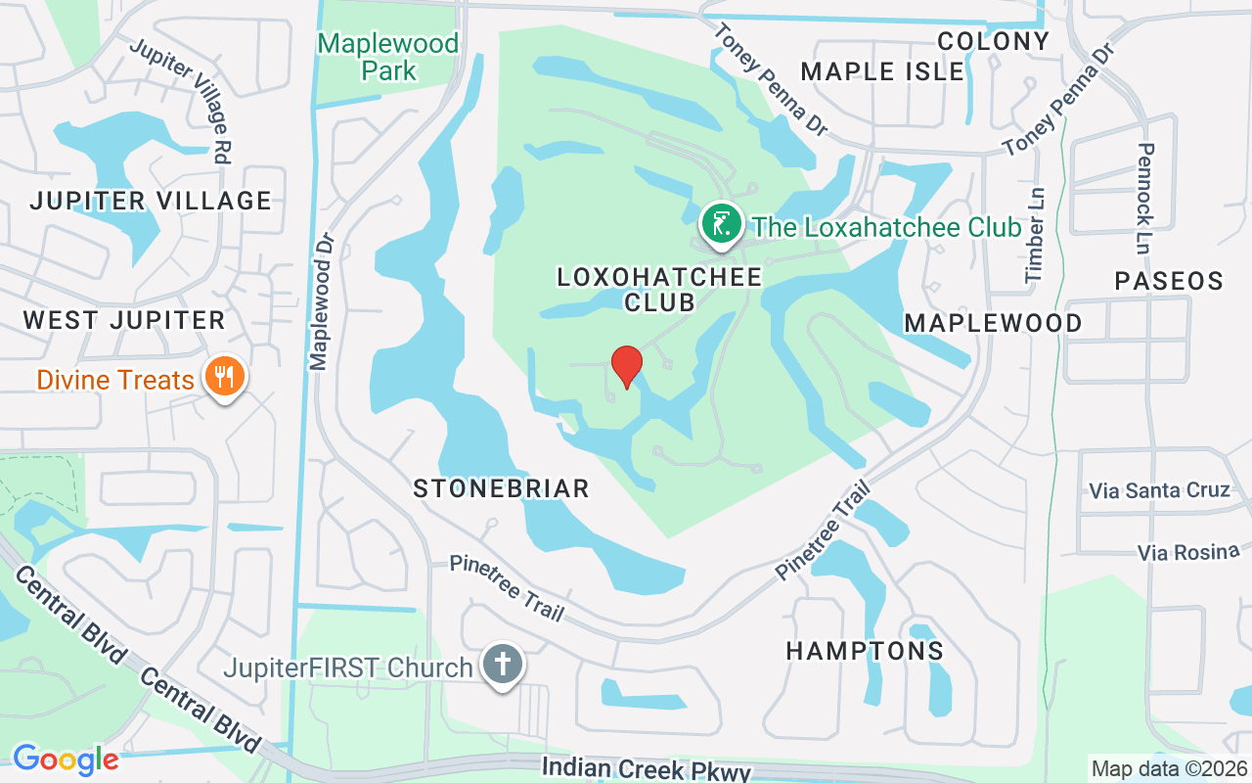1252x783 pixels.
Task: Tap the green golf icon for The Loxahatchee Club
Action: pyautogui.click(x=721, y=224)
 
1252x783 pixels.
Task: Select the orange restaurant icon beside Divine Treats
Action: pyautogui.click(x=224, y=375)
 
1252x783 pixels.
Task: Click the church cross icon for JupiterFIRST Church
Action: pyautogui.click(x=503, y=665)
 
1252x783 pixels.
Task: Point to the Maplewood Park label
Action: pyautogui.click(x=388, y=57)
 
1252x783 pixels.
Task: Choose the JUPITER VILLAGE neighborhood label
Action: pyautogui.click(x=150, y=201)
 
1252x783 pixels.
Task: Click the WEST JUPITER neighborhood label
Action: pyautogui.click(x=124, y=320)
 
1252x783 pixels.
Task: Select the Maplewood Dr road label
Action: pyautogui.click(x=322, y=300)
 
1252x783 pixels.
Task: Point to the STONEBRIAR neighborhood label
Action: pyautogui.click(x=501, y=488)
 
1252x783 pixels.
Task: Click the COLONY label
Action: pyautogui.click(x=993, y=41)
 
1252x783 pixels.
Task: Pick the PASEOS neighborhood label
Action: pyautogui.click(x=1169, y=281)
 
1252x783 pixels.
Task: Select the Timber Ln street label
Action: pyautogui.click(x=1035, y=235)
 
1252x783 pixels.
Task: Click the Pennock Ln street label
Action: pyautogui.click(x=1147, y=199)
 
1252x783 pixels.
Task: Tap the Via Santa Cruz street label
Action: pyautogui.click(x=1160, y=489)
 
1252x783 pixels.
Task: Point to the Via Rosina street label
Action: pyautogui.click(x=1188, y=552)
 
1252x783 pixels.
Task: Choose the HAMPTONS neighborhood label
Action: pyautogui.click(x=865, y=651)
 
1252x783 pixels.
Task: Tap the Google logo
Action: pyautogui.click(x=65, y=759)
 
